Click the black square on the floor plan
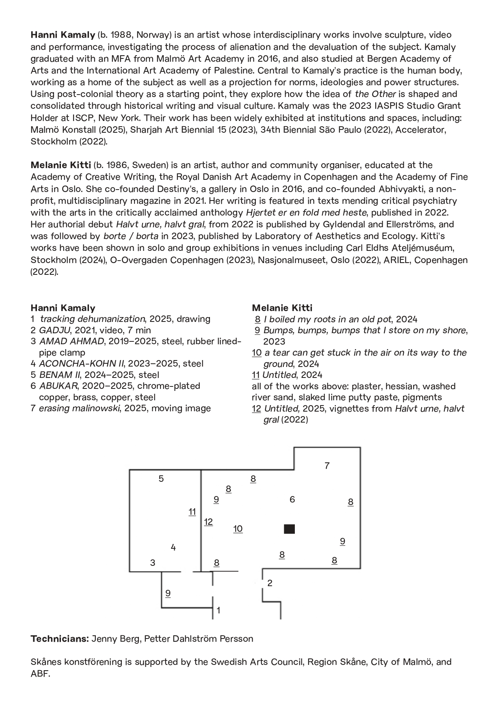click(x=289, y=529)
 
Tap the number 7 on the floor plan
click(x=327, y=466)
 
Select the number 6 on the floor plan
click(x=292, y=500)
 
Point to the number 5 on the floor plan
click(x=161, y=479)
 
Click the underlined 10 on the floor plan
click(x=238, y=529)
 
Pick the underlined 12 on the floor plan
click(x=208, y=522)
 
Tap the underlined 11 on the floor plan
click(x=192, y=512)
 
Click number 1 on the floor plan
click(x=218, y=610)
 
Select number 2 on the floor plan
click(x=270, y=583)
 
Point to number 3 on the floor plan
click(x=153, y=563)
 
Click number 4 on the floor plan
click(x=173, y=548)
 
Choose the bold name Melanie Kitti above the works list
click(x=282, y=308)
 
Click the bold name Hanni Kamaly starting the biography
click(x=63, y=35)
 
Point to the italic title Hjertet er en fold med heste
click(x=306, y=213)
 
